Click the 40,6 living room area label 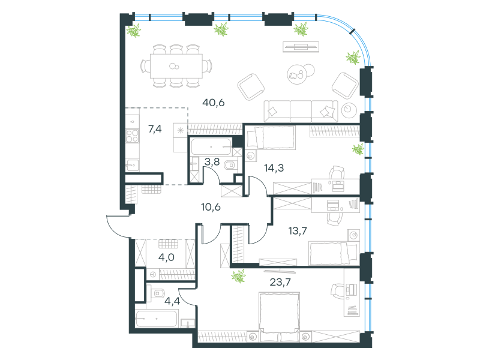[214, 103]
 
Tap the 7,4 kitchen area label [155, 129]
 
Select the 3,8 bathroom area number [212, 161]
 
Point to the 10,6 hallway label [211, 207]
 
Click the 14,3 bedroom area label [274, 168]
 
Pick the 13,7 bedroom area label [298, 230]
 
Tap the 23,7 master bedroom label [280, 282]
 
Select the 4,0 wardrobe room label [166, 257]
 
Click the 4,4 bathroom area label [172, 301]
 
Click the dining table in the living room [176, 66]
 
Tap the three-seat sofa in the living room [301, 111]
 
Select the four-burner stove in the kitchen [132, 136]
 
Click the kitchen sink [132, 166]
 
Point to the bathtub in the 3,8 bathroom [211, 146]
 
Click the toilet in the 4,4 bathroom [157, 293]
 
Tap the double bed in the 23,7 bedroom [279, 317]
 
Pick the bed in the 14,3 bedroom [271, 137]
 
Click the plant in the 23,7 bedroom [238, 276]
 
